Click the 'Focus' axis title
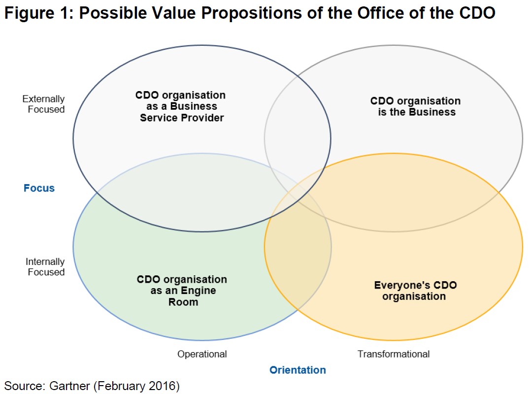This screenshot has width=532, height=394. (39, 188)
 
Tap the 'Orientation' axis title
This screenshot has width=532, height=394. (298, 370)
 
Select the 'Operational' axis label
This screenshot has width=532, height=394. (202, 354)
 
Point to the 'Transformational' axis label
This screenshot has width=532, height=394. (394, 354)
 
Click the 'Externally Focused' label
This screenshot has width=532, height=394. (44, 104)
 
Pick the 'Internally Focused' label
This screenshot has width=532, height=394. (45, 267)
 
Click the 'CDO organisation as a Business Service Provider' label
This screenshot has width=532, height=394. (181, 106)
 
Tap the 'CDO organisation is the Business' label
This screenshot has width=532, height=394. (416, 106)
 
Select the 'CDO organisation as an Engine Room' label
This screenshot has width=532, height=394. (182, 291)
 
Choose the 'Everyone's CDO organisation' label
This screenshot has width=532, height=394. (415, 291)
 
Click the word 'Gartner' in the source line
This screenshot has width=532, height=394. (69, 386)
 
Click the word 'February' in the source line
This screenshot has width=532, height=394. (121, 386)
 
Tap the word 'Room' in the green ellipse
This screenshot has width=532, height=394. (183, 302)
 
